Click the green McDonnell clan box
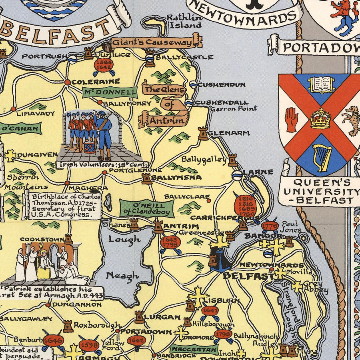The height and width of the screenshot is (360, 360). [109, 92]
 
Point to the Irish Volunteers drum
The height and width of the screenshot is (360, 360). [90, 147]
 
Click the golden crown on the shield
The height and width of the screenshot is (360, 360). [320, 119]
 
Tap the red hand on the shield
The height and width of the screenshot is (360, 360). [292, 120]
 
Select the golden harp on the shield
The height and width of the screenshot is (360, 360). [322, 157]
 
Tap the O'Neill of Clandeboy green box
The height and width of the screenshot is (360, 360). [146, 208]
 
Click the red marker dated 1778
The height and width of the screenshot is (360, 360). [269, 227]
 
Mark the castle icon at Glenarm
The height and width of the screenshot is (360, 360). [203, 133]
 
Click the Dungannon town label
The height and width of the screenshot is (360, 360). [76, 304]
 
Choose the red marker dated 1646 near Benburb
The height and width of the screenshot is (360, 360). [53, 340]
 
